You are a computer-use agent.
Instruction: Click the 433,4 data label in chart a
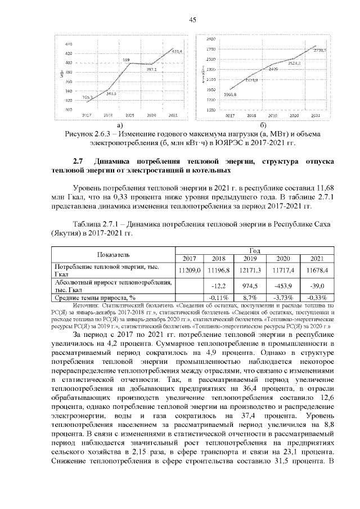tap(176, 51)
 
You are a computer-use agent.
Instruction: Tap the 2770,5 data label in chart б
tap(320, 50)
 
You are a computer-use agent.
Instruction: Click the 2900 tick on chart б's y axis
tap(211, 39)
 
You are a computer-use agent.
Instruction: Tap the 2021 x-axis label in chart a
tap(173, 115)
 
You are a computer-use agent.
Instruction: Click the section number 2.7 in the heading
tap(79, 162)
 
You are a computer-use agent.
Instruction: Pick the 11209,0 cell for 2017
tap(190, 270)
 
